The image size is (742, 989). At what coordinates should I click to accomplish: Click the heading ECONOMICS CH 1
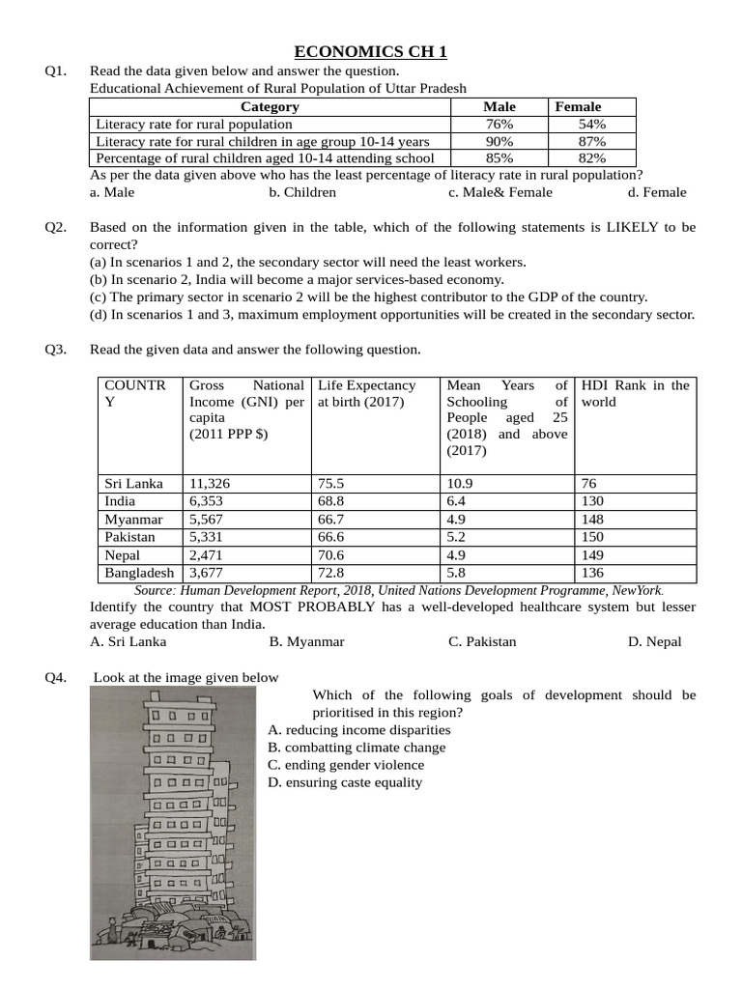tap(371, 52)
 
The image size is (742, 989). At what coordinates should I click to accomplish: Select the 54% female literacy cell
tap(591, 125)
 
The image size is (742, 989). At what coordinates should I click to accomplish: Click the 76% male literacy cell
tap(499, 125)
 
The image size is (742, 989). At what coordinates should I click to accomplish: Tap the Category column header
tap(270, 107)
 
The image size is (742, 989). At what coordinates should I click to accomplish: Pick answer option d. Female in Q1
tap(657, 192)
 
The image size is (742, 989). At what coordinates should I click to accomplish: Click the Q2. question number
tap(55, 228)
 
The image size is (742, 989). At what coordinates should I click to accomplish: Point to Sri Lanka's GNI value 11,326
tap(210, 483)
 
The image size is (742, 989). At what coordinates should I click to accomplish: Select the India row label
tap(120, 501)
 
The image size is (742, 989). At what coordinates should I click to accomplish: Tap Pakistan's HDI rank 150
tap(592, 537)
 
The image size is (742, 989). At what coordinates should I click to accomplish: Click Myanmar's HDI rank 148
tap(592, 520)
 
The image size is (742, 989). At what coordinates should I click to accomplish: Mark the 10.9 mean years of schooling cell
tap(460, 483)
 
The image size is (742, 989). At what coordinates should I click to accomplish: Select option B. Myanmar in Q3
tap(306, 641)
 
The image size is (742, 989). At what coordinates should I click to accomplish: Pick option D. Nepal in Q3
tap(654, 641)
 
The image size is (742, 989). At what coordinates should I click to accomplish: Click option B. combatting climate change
tap(357, 748)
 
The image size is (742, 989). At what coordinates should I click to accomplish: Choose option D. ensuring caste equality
tap(345, 782)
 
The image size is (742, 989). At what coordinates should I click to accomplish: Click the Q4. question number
tap(55, 678)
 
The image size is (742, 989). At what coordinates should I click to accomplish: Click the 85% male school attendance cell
tap(499, 158)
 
